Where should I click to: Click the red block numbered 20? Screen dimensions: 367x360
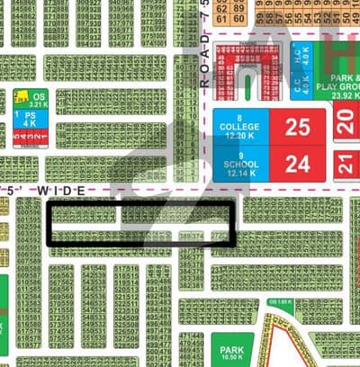coord(347,124)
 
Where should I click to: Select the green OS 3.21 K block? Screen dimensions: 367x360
coord(37,97)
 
